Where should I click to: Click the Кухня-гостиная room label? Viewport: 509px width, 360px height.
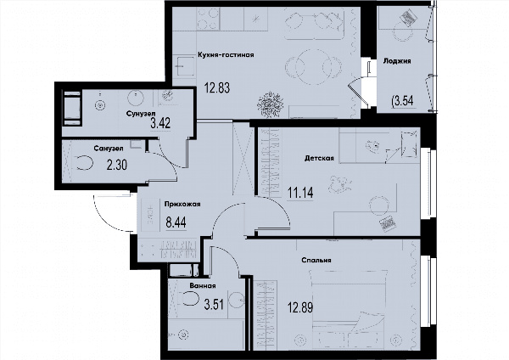(x=226, y=54)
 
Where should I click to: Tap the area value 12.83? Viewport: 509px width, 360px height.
(x=217, y=87)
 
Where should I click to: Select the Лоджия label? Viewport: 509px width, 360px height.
(x=397, y=61)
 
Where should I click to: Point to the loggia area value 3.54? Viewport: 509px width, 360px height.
(x=403, y=101)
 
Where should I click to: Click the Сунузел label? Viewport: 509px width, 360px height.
(x=141, y=114)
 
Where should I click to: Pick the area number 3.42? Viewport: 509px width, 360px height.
(x=160, y=123)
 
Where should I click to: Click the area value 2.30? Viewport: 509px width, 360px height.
(x=117, y=165)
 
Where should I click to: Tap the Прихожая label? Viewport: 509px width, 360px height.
(x=182, y=204)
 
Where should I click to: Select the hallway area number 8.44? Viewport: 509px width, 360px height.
(x=176, y=223)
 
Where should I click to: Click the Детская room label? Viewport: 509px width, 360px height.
(x=319, y=158)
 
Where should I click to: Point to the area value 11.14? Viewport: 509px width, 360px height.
(x=300, y=193)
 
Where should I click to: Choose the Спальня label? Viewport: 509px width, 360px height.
(x=316, y=261)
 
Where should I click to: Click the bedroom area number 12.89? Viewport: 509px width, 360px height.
(x=300, y=307)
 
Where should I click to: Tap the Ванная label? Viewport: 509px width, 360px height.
(x=203, y=286)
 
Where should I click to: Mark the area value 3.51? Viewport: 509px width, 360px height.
(x=214, y=305)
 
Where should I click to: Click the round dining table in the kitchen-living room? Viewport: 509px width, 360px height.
(x=314, y=67)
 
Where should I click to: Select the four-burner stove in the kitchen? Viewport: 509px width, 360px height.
(x=208, y=19)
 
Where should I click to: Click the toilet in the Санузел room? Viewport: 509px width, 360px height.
(x=84, y=163)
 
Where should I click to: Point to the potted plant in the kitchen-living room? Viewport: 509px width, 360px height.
(x=270, y=104)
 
